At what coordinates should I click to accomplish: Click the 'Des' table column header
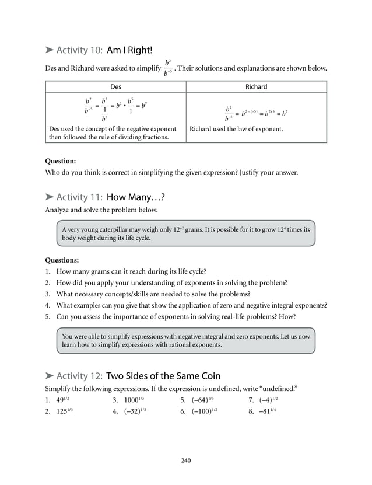[x=115, y=86]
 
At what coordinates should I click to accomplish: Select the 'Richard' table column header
[x=256, y=86]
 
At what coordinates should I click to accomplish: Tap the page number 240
[x=186, y=460]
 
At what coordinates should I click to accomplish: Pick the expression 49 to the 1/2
[x=63, y=400]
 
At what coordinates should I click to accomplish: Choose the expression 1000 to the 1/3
[x=134, y=400]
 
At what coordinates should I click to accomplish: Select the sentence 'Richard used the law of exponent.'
[x=236, y=128]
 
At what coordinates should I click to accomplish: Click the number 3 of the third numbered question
[x=47, y=294]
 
